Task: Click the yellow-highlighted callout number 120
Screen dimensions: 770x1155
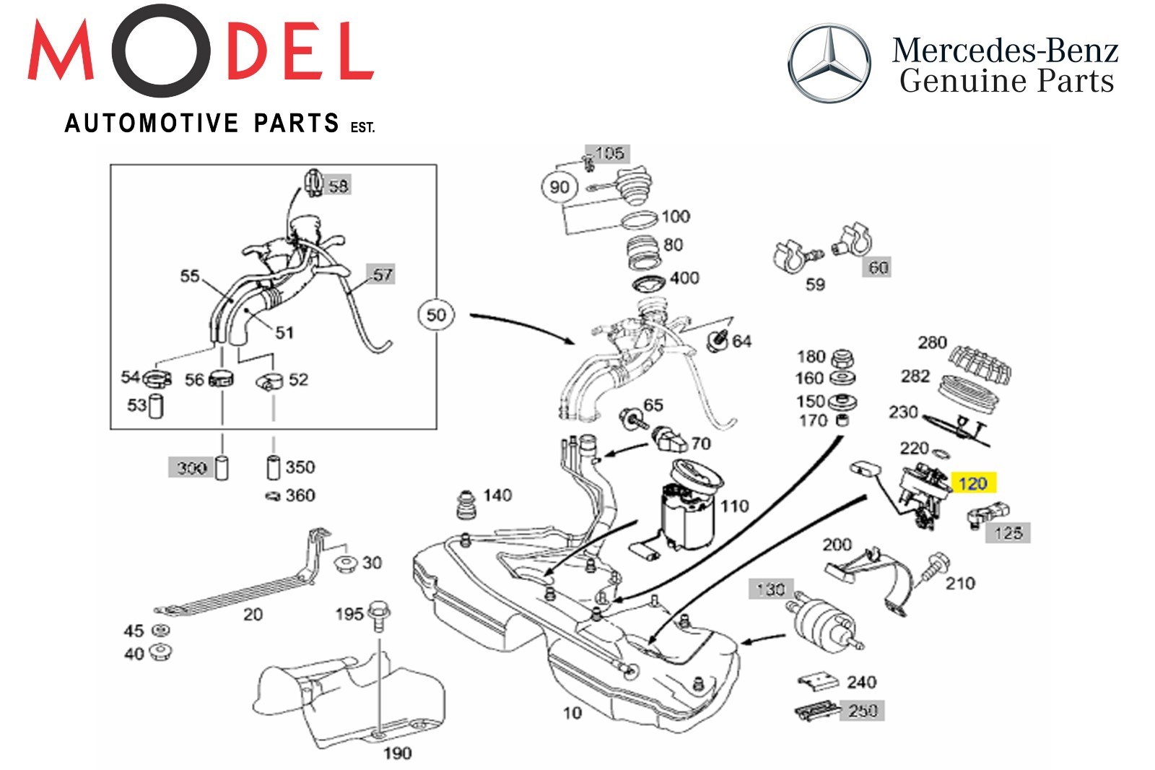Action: coord(972,483)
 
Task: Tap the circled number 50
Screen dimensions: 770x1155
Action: coord(436,315)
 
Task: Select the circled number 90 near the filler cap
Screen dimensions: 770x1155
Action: coord(559,187)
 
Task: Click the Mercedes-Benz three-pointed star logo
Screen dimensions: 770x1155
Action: coord(829,63)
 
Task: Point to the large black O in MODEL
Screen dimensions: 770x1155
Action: coord(160,51)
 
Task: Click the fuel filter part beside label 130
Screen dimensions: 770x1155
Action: coord(823,625)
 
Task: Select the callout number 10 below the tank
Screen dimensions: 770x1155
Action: coord(572,713)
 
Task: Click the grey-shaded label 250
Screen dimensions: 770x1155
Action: coord(863,711)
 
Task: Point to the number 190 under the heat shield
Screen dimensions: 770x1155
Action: coord(397,753)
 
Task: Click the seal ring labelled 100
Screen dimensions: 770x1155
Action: coord(639,219)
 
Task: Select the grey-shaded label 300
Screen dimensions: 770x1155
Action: coord(192,468)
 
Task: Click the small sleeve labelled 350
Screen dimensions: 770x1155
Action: coord(273,467)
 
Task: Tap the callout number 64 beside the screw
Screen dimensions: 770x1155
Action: coord(741,341)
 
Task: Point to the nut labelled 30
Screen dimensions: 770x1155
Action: coord(348,563)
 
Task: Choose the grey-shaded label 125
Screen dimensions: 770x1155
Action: coord(1008,533)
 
